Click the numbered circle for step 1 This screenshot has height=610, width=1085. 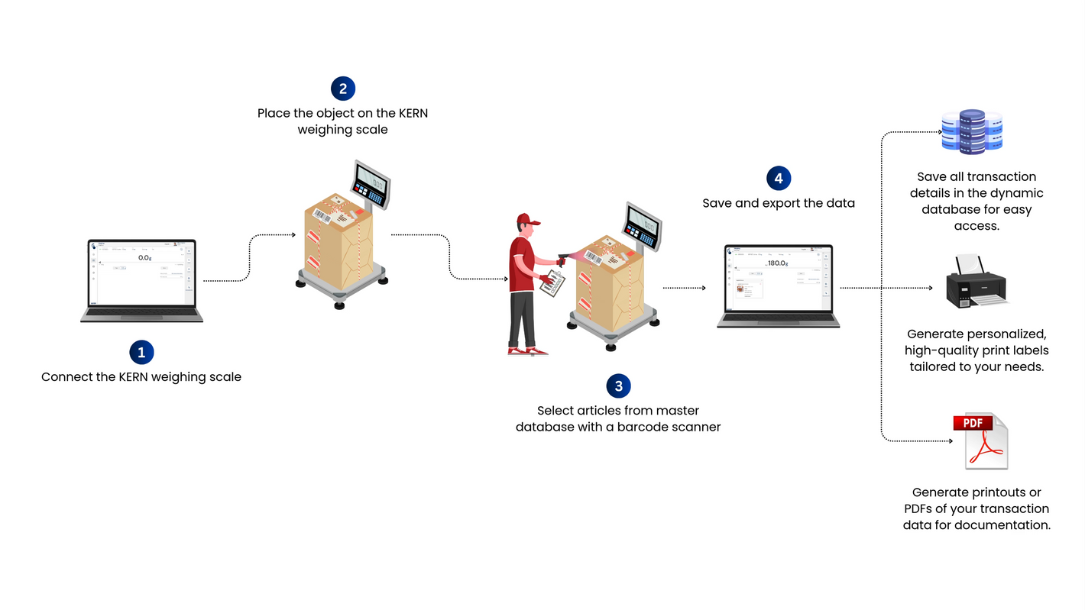[141, 352]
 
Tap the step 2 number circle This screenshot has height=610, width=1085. [343, 89]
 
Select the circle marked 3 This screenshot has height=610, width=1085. [618, 386]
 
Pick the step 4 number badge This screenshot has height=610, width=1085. [779, 179]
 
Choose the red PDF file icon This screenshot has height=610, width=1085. [980, 441]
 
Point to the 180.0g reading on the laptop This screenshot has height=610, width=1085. [778, 263]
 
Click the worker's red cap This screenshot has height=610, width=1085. [526, 220]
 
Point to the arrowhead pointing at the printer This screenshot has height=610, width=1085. [931, 289]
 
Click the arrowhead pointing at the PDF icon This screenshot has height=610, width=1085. [951, 441]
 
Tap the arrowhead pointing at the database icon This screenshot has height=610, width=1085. [941, 132]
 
